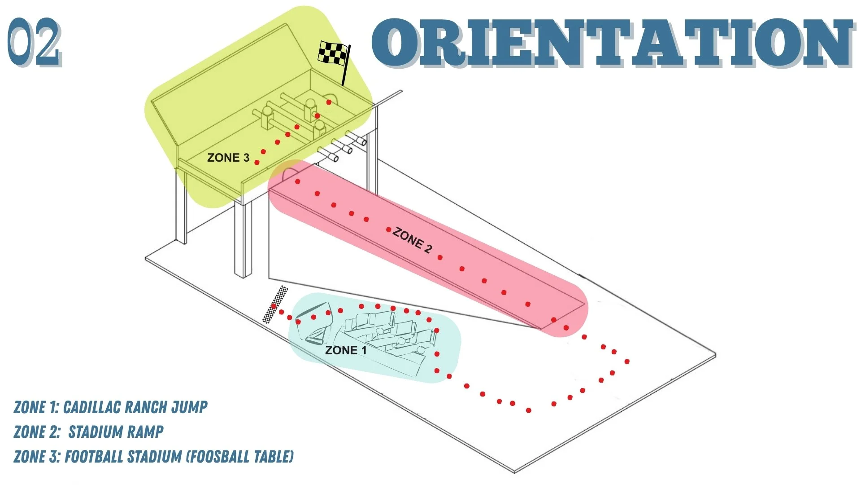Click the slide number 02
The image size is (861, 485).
tap(34, 43)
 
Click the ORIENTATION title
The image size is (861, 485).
tap(613, 43)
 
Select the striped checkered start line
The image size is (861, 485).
tap(275, 304)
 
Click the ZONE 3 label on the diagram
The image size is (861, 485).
tap(228, 158)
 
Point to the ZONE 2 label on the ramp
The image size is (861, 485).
tap(412, 240)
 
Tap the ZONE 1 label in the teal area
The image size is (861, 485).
tap(346, 350)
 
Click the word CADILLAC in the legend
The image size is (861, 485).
tap(91, 407)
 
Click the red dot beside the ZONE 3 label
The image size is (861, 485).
tap(257, 162)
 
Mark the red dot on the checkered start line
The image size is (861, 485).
tap(274, 306)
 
